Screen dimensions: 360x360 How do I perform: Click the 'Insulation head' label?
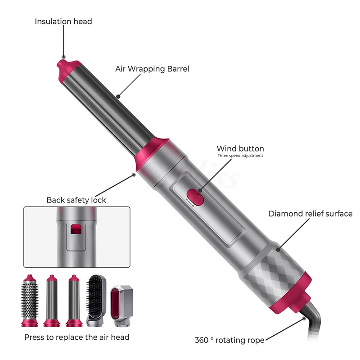tap(63, 21)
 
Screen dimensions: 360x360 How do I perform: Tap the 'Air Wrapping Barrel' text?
tap(152, 69)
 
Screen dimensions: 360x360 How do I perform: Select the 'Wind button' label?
tap(240, 148)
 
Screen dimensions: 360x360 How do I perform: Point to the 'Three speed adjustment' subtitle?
tap(240, 156)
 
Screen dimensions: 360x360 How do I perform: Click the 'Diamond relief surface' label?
tap(310, 213)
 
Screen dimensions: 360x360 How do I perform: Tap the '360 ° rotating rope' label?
tap(229, 340)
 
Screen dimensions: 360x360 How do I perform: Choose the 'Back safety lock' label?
tap(76, 200)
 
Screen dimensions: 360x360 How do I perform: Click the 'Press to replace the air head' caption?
tap(76, 337)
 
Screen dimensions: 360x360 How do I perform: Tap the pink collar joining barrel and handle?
tap(152, 154)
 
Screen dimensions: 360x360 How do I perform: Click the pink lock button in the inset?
tap(76, 229)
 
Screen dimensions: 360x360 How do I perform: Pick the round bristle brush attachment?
tap(30, 301)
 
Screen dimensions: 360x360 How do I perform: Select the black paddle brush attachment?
tap(96, 300)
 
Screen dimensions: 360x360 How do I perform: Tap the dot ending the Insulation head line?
tap(64, 57)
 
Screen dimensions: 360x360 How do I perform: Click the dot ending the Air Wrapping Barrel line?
tap(118, 96)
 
